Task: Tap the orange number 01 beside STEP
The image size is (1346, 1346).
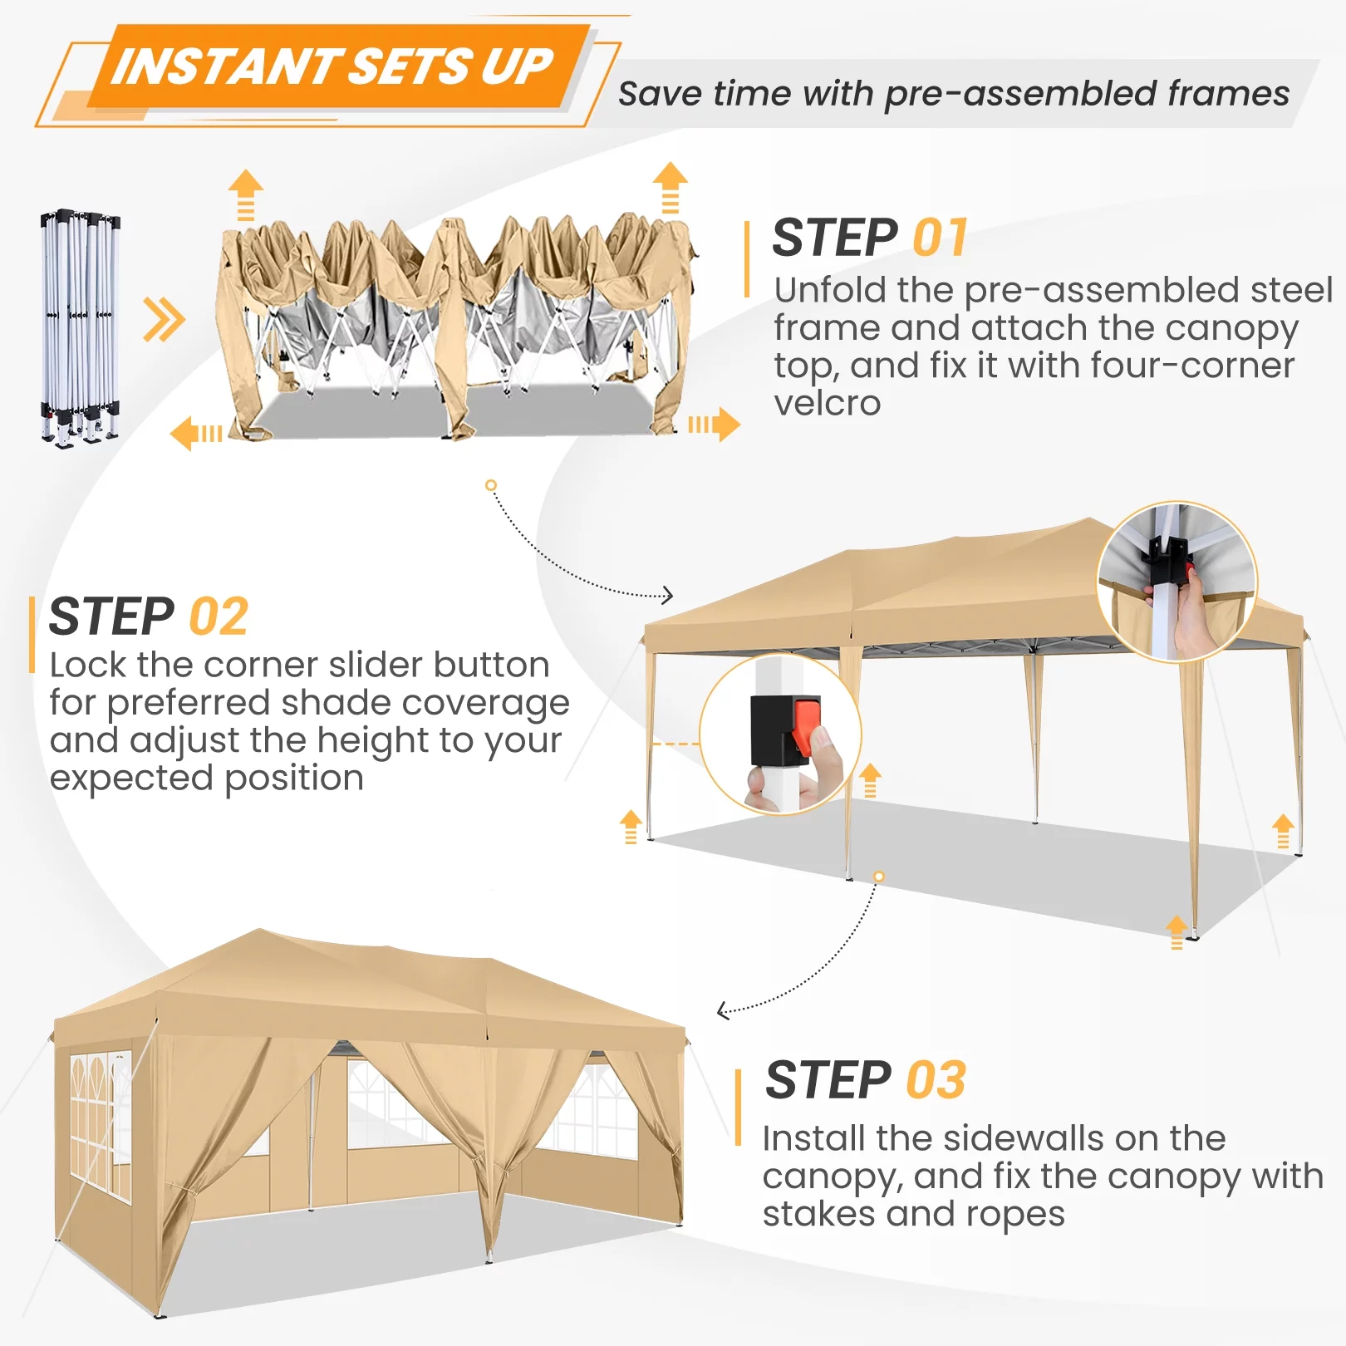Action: [x=941, y=238]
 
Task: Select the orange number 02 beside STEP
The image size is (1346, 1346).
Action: [x=219, y=617]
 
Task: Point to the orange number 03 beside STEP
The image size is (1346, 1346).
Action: [x=936, y=1080]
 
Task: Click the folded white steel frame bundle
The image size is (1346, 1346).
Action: [x=81, y=327]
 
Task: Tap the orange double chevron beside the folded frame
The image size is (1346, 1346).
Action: [x=163, y=319]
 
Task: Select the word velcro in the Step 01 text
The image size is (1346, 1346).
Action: [x=827, y=404]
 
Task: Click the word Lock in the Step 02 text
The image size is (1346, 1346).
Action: [x=88, y=665]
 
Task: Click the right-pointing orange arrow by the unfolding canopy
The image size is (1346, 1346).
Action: [x=714, y=425]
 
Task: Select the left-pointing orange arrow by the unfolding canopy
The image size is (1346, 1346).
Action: [x=196, y=434]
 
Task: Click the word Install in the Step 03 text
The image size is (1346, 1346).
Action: [x=813, y=1138]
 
